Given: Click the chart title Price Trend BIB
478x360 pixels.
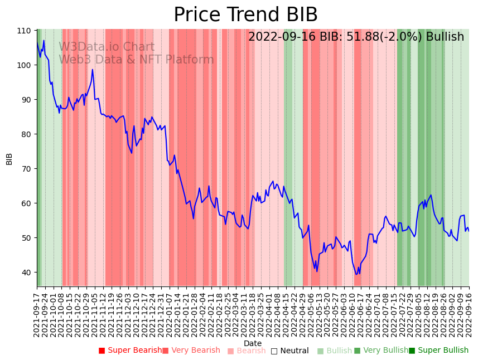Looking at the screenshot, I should (x=245, y=15).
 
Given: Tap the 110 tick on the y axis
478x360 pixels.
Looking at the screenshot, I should (x=25, y=30).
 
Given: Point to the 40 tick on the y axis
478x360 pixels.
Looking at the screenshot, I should (x=27, y=272).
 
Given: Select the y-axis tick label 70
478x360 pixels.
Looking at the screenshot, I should (x=27, y=168).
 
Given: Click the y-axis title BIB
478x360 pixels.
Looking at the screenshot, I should (x=9, y=158).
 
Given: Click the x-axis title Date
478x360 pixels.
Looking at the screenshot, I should (x=253, y=343).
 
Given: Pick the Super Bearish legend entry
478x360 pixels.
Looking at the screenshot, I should (x=130, y=351).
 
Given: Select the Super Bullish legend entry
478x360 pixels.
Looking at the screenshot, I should (x=438, y=351).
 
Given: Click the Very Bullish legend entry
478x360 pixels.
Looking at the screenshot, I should (x=381, y=351).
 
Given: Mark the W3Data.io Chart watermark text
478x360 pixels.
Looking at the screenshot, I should (x=107, y=47).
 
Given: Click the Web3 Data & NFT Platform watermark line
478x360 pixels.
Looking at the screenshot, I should (x=136, y=60).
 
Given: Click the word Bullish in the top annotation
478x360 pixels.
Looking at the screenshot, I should (x=445, y=37).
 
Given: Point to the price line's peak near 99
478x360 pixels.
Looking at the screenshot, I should (x=93, y=69).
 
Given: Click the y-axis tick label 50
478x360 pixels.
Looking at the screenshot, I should (x=27, y=237).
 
